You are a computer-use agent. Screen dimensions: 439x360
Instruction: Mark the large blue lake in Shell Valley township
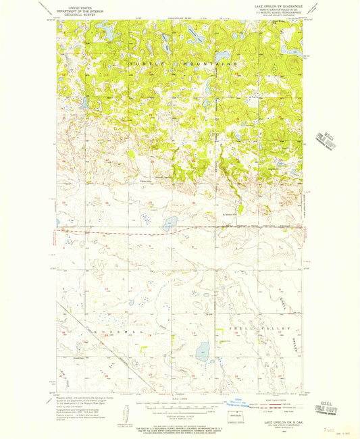point(202,351)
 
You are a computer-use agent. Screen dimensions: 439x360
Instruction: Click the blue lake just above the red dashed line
point(170,222)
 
